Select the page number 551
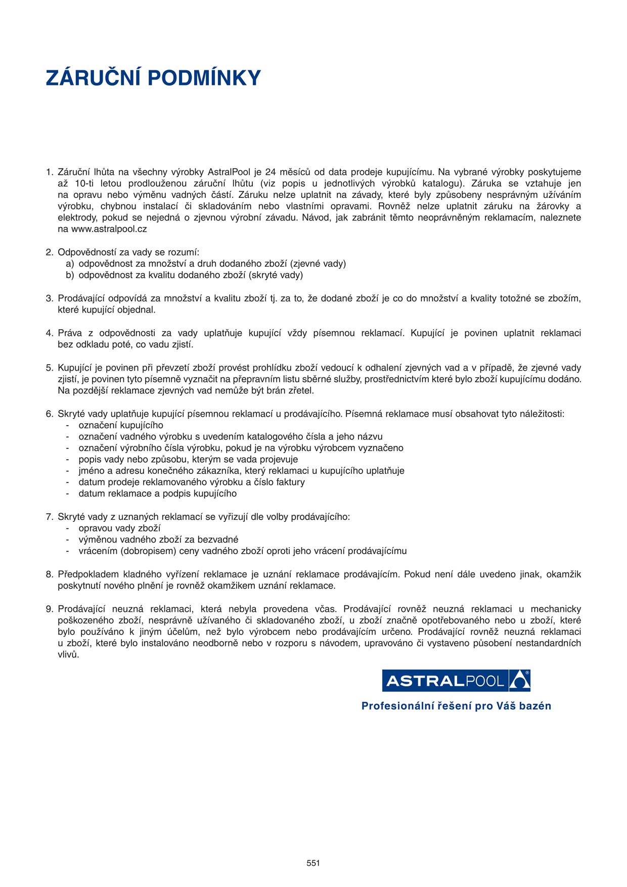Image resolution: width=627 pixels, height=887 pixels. tap(313, 863)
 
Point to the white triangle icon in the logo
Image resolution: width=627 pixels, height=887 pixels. tap(519, 681)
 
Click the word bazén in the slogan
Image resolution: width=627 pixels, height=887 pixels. tap(533, 706)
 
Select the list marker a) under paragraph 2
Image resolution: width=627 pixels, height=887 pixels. tap(70, 263)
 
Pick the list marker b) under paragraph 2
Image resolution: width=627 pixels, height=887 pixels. tap(70, 275)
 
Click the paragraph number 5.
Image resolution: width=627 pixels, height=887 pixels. tap(49, 368)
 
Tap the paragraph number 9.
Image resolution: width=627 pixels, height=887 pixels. tap(49, 609)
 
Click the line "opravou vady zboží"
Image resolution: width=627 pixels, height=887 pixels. tap(119, 528)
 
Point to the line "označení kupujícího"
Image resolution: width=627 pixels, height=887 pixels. tap(121, 425)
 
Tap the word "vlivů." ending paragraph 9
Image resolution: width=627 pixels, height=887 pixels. tap(68, 654)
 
